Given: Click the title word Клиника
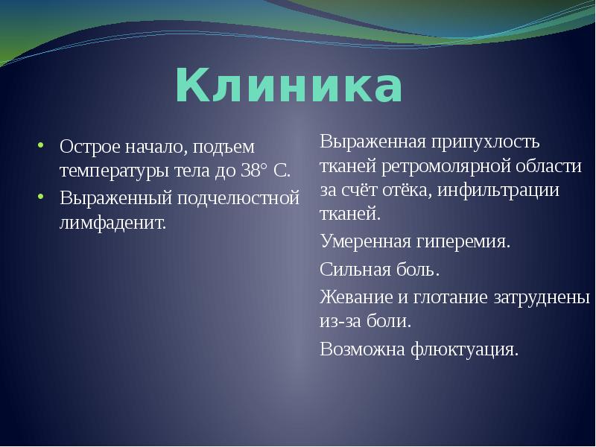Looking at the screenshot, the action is (x=289, y=85).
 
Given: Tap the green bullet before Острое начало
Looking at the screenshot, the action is (x=41, y=145).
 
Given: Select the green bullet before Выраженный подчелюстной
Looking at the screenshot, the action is (x=41, y=196).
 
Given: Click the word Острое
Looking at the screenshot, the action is (x=89, y=148).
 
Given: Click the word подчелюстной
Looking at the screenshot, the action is (x=238, y=199).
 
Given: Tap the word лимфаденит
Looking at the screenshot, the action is (x=113, y=222).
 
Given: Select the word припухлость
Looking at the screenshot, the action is (x=485, y=142).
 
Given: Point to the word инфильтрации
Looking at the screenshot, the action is (x=498, y=190).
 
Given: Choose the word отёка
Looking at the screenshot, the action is (x=407, y=190).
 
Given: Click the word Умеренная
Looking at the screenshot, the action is (x=366, y=241).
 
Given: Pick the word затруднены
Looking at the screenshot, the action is (x=542, y=297).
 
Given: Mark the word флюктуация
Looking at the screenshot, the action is (x=464, y=349).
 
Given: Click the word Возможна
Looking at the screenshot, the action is (x=362, y=349).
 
